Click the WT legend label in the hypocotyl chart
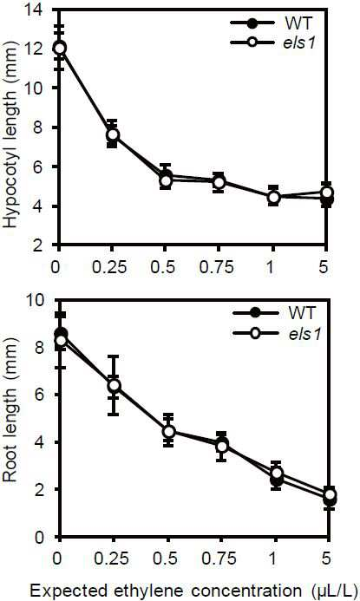click(298, 23)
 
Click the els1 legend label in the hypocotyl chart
click(299, 42)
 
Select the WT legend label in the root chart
click(302, 313)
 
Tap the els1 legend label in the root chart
click(304, 333)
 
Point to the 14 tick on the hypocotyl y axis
click(36, 10)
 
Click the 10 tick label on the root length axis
click(37, 299)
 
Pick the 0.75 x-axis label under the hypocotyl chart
click(217, 267)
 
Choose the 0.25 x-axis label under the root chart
click(112, 559)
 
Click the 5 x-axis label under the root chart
click(326, 559)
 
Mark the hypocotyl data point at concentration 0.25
click(113, 134)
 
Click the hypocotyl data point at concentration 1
click(273, 198)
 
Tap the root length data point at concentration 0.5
click(169, 432)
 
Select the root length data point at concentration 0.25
click(114, 385)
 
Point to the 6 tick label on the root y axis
click(43, 395)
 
